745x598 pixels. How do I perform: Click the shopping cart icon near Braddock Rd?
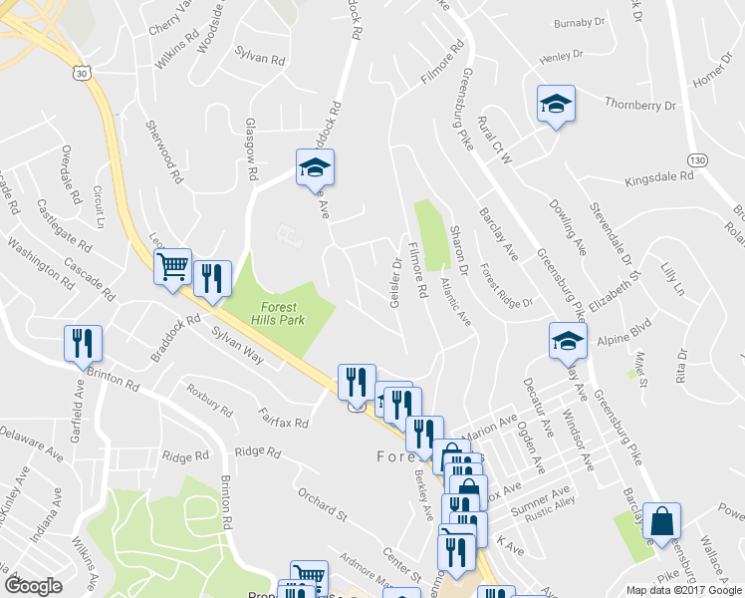point(172,267)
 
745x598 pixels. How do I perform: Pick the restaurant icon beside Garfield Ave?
point(82,343)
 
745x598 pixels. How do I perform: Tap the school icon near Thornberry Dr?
point(555,104)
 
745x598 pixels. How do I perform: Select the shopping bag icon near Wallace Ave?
point(662,521)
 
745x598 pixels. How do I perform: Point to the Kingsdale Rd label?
point(658,177)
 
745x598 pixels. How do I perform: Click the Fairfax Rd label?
point(283,417)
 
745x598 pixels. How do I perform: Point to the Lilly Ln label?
point(672,280)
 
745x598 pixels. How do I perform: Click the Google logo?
point(34,586)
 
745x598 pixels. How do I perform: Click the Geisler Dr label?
point(395,284)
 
